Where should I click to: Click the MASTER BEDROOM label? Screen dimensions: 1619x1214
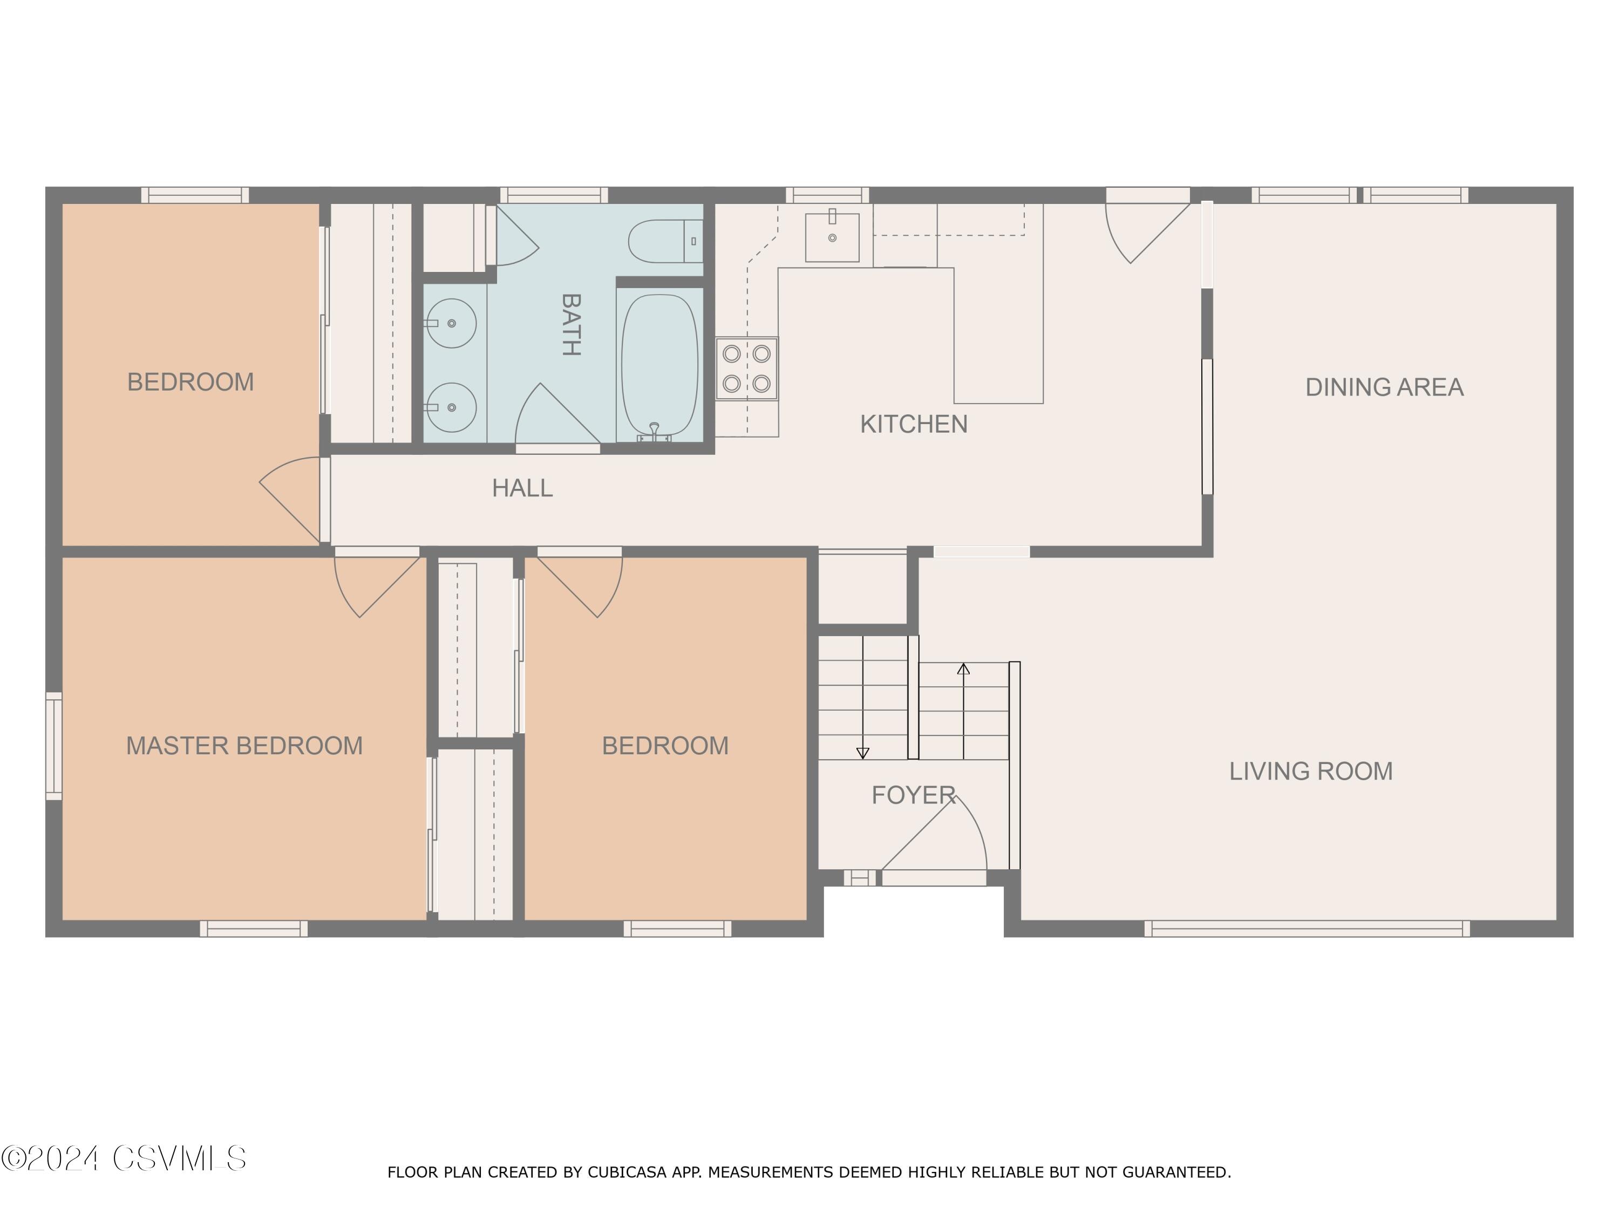point(244,746)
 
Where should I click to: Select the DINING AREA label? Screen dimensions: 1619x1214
point(1384,387)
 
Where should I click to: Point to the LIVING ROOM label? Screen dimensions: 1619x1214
point(1311,771)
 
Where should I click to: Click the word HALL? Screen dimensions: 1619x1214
point(522,488)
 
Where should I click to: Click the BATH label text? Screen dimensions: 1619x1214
point(571,324)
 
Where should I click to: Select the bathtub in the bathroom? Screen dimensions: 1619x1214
point(659,365)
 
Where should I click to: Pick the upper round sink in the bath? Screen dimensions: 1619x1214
point(451,323)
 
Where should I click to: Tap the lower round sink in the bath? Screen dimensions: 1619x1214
point(451,407)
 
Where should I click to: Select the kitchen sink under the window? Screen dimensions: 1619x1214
point(832,237)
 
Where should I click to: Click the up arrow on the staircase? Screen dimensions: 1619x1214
point(963,711)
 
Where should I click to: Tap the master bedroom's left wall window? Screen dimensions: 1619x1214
point(54,746)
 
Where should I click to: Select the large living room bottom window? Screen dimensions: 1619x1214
point(1307,929)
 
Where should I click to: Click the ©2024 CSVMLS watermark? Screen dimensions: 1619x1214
point(124,1158)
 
